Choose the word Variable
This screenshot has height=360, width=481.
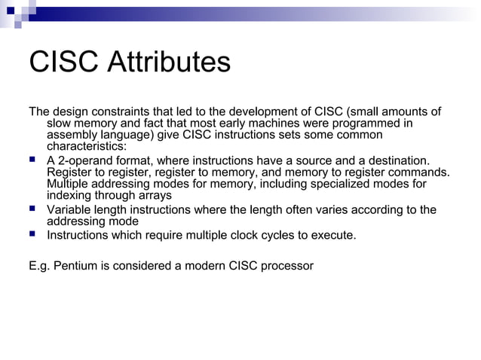(x=69, y=209)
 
